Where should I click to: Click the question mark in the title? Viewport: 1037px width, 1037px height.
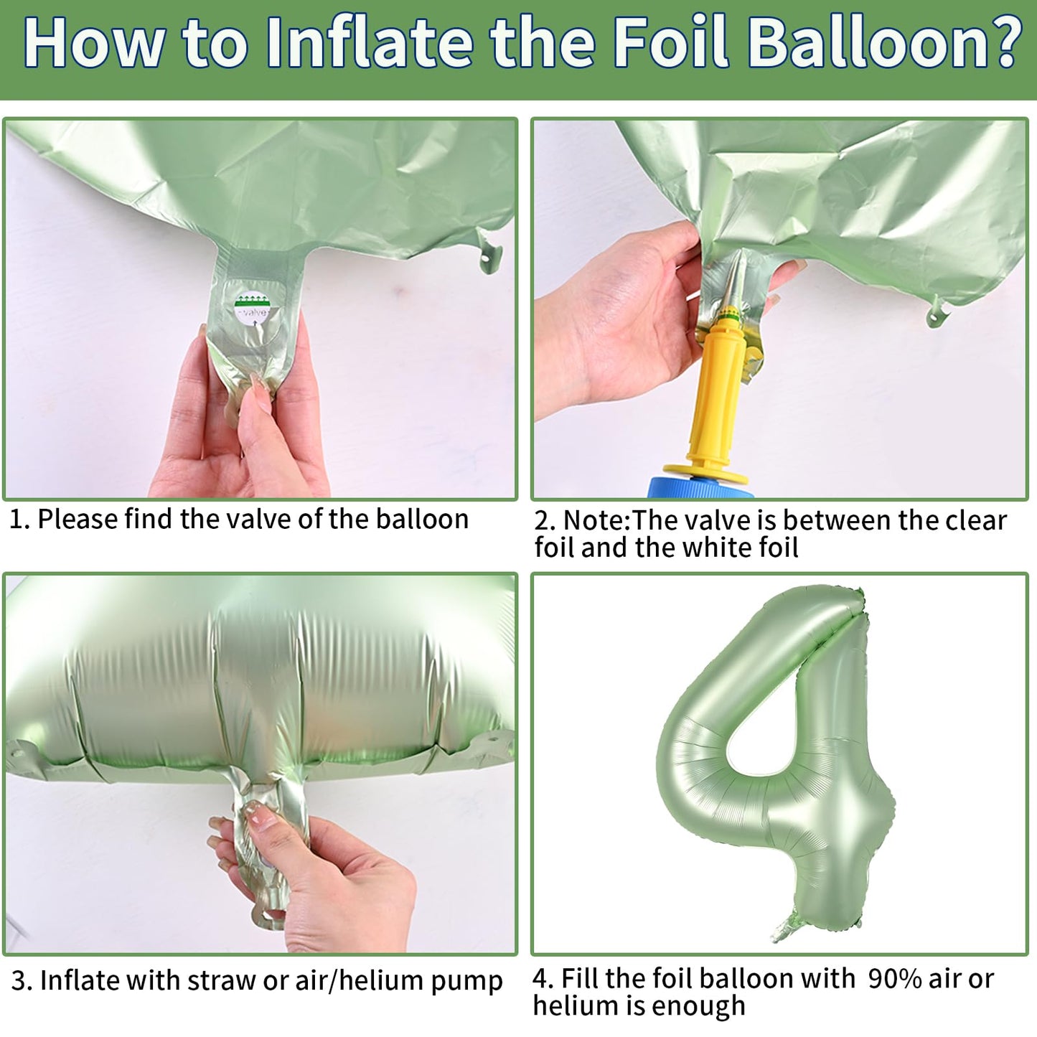coord(1003,41)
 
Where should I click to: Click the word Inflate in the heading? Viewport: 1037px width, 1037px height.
coord(369,42)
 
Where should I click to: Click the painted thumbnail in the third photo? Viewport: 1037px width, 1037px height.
coord(260,819)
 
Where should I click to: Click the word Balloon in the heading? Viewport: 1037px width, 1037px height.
coord(862,42)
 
